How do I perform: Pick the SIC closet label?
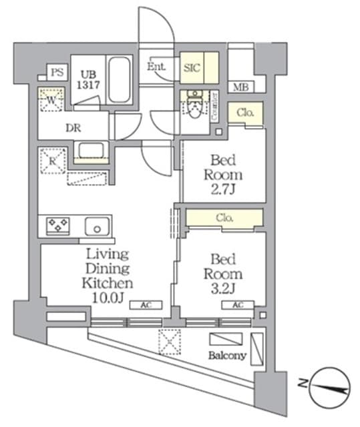click(x=191, y=67)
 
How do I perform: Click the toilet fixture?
click(x=194, y=107)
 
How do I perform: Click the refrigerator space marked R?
click(x=51, y=159)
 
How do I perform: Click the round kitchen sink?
click(x=98, y=228)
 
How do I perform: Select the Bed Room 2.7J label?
click(x=226, y=174)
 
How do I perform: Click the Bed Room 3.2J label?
click(x=226, y=273)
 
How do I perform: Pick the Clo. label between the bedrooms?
click(x=224, y=218)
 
